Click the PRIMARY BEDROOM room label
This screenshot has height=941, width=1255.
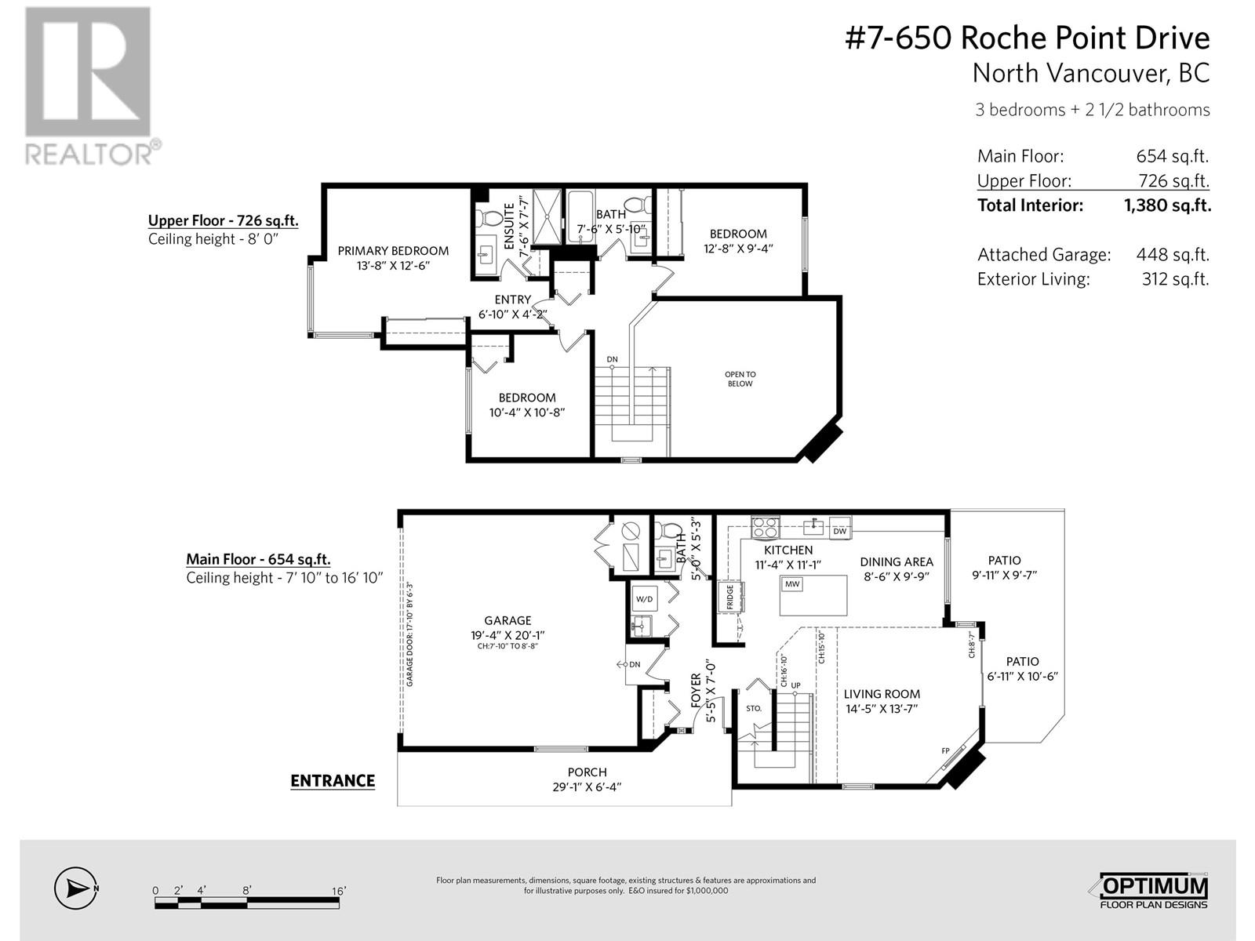point(393,251)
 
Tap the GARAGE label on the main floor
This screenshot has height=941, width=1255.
point(507,620)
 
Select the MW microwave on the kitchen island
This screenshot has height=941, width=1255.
point(792,584)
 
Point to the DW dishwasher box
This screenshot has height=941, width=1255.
point(839,531)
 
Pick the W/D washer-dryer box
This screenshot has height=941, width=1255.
point(644,599)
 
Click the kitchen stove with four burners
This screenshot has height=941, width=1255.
point(765,527)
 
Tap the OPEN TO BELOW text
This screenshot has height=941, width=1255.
point(740,379)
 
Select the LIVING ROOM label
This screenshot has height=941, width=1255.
point(882,694)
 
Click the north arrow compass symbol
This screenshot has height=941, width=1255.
point(75,888)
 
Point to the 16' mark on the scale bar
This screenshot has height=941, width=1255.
point(339,891)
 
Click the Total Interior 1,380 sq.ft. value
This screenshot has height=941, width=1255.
point(1167,205)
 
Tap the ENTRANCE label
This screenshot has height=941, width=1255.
point(333,781)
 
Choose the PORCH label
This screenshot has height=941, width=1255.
point(587,772)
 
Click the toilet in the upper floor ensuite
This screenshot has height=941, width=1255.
point(489,218)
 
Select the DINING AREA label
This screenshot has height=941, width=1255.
point(896,562)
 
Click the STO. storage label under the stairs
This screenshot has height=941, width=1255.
point(754,708)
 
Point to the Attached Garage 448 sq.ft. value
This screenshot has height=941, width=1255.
point(1173,255)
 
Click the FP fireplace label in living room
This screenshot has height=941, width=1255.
point(946,750)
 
